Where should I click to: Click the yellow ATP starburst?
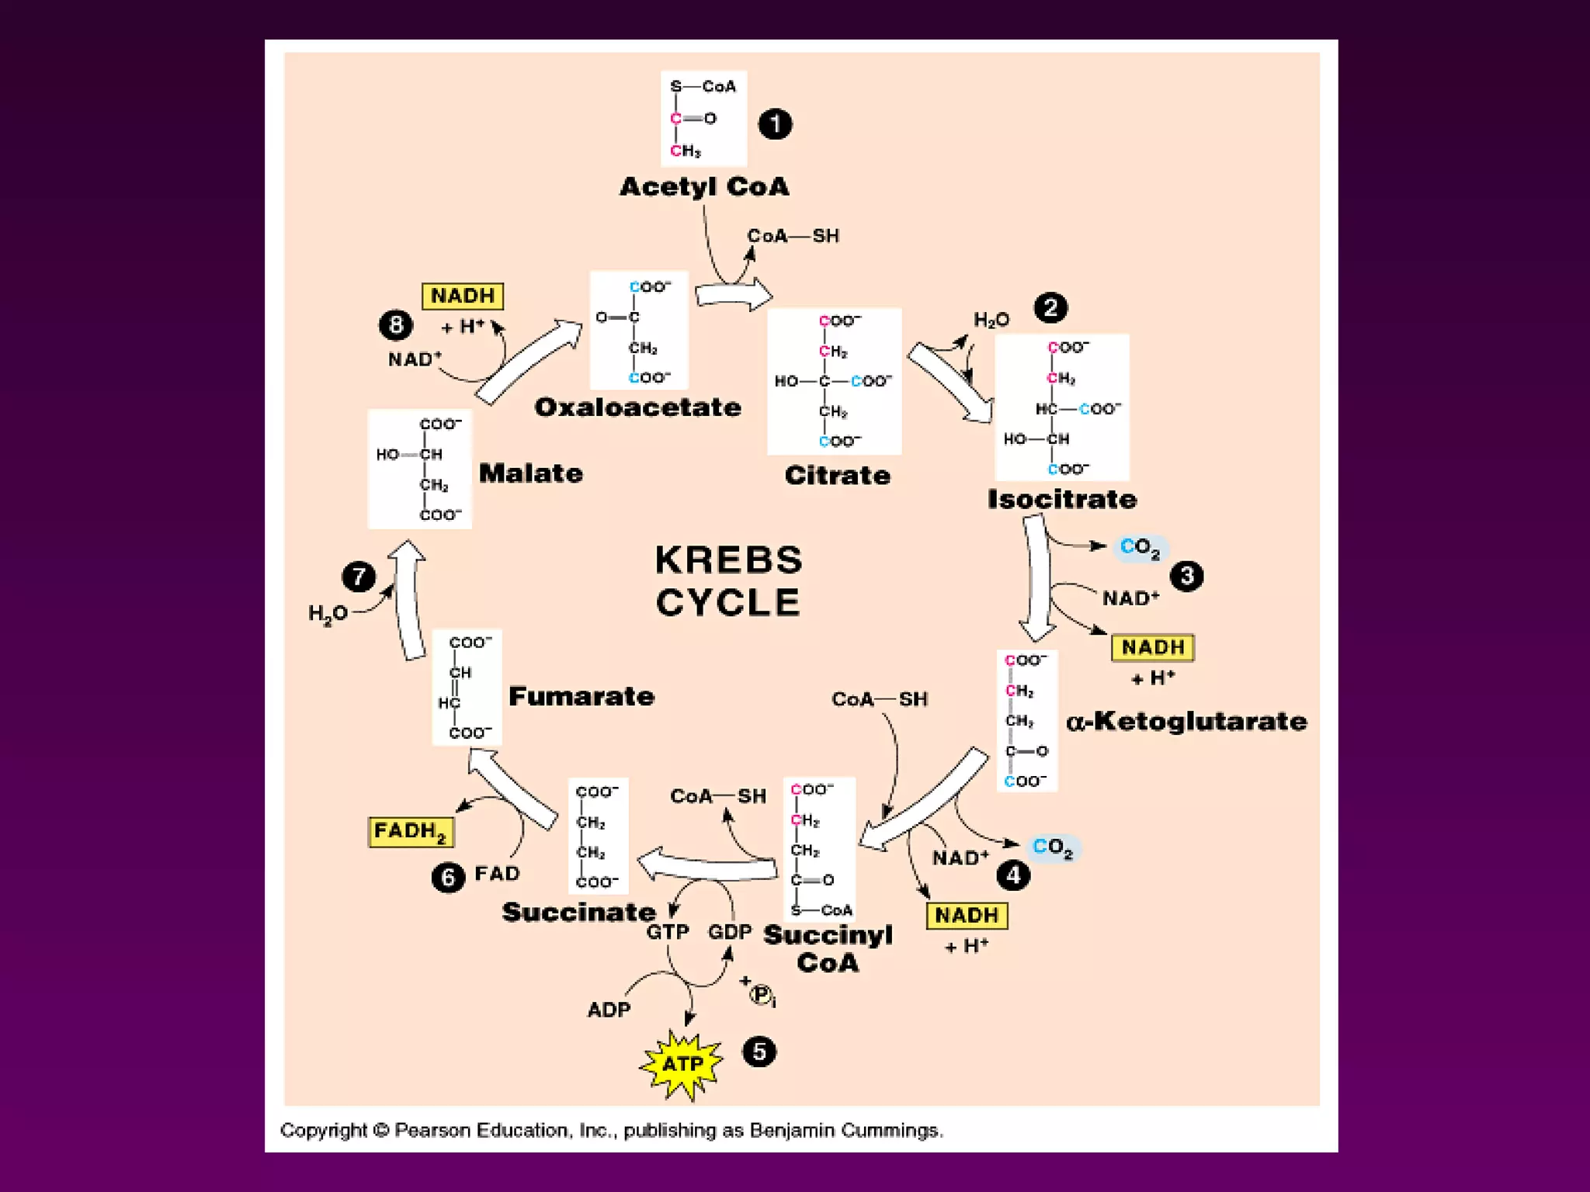[682, 1065]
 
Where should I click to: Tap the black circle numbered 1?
[775, 124]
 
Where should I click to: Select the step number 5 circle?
[759, 1052]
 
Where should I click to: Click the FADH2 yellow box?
[410, 832]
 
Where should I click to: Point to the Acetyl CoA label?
[704, 187]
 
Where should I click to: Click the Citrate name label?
[837, 475]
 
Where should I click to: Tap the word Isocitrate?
[1061, 499]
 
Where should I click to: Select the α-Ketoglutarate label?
[1186, 722]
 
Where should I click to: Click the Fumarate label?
[581, 696]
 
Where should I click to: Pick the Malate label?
[530, 473]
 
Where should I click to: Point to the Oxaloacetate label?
[637, 407]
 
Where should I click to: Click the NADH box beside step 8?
[463, 296]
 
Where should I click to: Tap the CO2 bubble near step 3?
[1140, 548]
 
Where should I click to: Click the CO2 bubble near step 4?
[1053, 847]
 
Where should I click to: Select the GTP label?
[668, 931]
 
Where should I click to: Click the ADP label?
[609, 1010]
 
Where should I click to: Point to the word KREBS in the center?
[728, 560]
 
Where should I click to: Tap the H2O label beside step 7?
[328, 614]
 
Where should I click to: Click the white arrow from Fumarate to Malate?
[409, 601]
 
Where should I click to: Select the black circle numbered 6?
[448, 878]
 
